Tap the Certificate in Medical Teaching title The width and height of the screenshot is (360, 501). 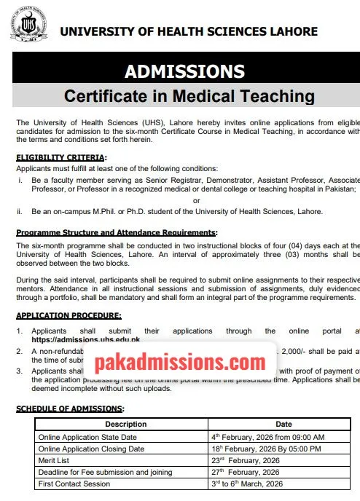189,96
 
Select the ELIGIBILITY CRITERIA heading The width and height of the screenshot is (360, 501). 61,157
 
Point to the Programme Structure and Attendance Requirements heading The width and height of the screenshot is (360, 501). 117,232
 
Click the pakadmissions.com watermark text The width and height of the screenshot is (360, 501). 180,360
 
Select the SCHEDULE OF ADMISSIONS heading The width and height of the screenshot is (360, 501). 70,409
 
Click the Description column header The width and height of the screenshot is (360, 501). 125,424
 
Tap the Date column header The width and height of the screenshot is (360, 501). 283,424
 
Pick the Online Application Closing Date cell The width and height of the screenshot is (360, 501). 91,449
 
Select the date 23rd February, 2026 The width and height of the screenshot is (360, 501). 247,461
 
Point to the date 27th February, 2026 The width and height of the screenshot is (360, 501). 247,473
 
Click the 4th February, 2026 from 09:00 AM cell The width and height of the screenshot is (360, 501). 262,436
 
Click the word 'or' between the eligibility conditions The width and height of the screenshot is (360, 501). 196,200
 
